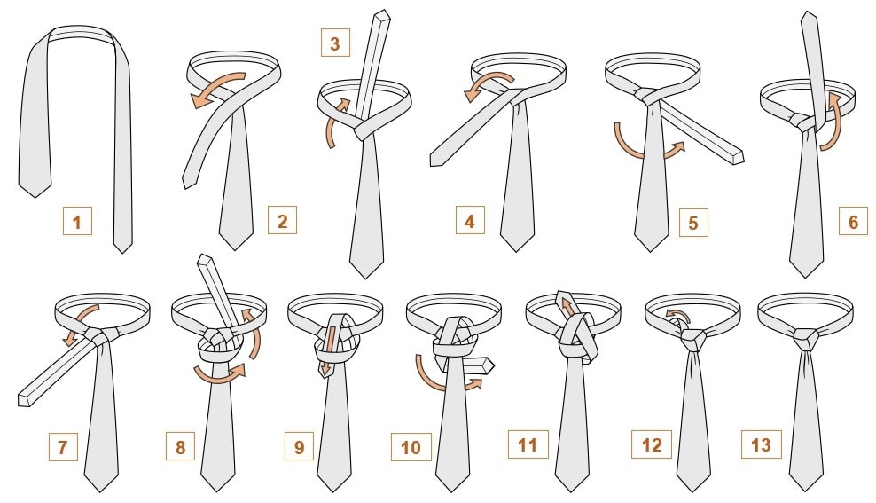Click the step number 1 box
[77, 221]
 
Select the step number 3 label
[335, 43]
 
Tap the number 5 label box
[693, 223]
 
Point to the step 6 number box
[853, 221]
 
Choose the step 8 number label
[180, 446]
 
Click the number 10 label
[411, 447]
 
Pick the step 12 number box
[652, 444]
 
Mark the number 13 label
[761, 444]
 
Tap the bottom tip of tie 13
[807, 491]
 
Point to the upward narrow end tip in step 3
[383, 15]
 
